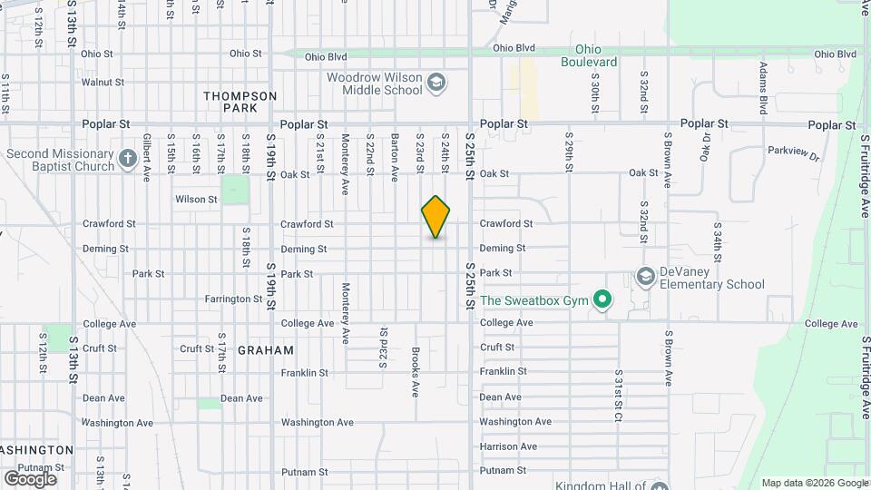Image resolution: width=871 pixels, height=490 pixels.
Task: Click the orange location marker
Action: (x=435, y=216)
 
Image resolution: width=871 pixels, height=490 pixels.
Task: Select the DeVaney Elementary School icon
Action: (x=646, y=276)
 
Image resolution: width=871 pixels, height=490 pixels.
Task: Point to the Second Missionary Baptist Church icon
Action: (x=129, y=161)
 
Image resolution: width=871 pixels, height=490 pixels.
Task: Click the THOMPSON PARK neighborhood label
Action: (x=240, y=102)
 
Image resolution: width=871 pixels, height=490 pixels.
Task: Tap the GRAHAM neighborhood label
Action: (x=266, y=350)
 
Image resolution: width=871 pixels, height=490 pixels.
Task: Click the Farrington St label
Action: (x=233, y=299)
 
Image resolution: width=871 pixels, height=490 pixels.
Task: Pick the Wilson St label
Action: (x=196, y=199)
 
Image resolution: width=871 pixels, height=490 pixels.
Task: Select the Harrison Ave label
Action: (x=508, y=446)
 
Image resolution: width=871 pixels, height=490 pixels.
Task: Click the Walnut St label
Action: (x=103, y=82)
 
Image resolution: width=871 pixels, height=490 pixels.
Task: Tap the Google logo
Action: (x=30, y=478)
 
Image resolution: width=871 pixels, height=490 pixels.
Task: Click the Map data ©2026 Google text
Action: (x=814, y=483)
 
